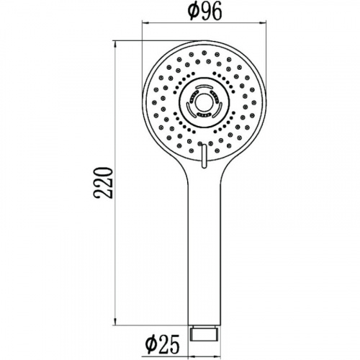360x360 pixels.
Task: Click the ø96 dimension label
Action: (205, 11)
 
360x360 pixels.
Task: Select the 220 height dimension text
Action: (103, 183)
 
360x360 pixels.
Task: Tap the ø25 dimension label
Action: (163, 343)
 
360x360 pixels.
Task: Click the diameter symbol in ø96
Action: (194, 11)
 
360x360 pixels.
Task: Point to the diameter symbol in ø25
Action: (151, 343)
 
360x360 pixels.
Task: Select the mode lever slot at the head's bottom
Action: (204, 156)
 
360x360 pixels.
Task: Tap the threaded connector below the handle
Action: (204, 333)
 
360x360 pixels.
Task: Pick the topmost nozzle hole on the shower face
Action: (204, 53)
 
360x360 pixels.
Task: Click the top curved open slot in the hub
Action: (204, 86)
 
